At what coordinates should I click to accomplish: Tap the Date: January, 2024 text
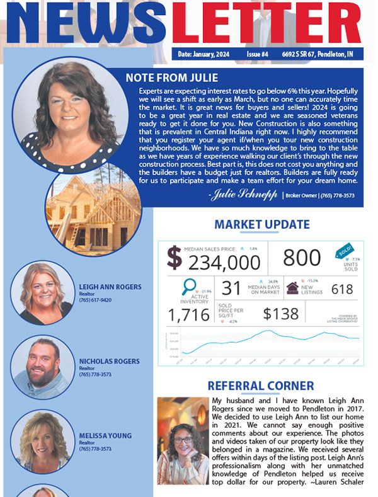click(203, 55)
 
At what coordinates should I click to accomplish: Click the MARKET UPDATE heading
click(262, 225)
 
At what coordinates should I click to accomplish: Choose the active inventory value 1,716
click(188, 314)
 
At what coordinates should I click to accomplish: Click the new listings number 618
click(342, 289)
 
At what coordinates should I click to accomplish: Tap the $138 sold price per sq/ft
click(280, 313)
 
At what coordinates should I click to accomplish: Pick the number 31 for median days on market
click(231, 288)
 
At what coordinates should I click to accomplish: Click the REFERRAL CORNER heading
click(261, 386)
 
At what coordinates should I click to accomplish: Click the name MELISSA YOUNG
click(105, 435)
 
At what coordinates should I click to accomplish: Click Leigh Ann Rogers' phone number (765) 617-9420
click(95, 300)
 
